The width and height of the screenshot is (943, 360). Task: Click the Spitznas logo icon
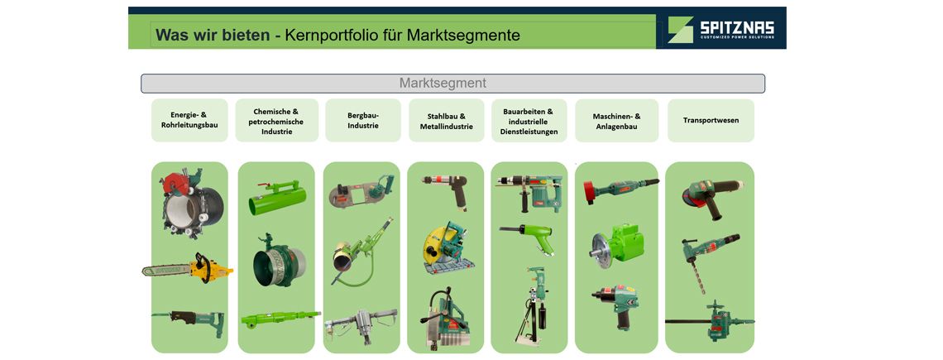tap(681, 30)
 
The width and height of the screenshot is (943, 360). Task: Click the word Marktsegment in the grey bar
tap(443, 83)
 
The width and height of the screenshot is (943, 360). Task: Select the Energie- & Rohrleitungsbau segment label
tap(189, 120)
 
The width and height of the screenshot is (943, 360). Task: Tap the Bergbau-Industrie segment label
tap(362, 120)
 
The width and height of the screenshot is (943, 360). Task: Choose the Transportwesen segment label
tap(711, 120)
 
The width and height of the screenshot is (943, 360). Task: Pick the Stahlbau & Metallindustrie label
tap(446, 121)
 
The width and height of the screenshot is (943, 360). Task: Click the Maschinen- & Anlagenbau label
tap(616, 121)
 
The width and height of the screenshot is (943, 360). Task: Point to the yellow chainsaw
tap(188, 268)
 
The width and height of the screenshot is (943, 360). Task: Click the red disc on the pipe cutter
tap(175, 184)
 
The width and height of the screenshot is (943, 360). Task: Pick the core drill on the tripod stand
tap(532, 306)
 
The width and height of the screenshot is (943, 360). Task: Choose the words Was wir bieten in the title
tap(213, 35)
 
